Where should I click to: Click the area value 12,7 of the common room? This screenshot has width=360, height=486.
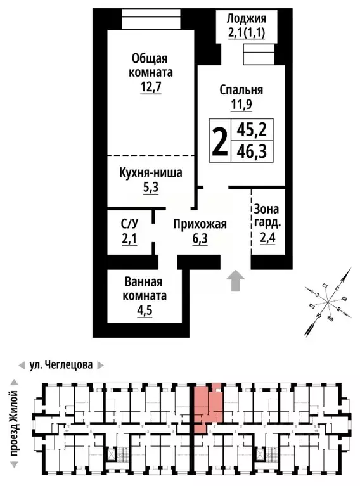pos(151,87)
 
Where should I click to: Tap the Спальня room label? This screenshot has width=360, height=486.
pos(241,89)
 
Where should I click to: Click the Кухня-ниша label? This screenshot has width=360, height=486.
pos(151,172)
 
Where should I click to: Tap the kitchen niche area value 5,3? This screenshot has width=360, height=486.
pos(151,188)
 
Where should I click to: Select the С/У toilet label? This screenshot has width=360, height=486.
pos(129,224)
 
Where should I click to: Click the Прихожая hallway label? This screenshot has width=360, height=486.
pos(200,224)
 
